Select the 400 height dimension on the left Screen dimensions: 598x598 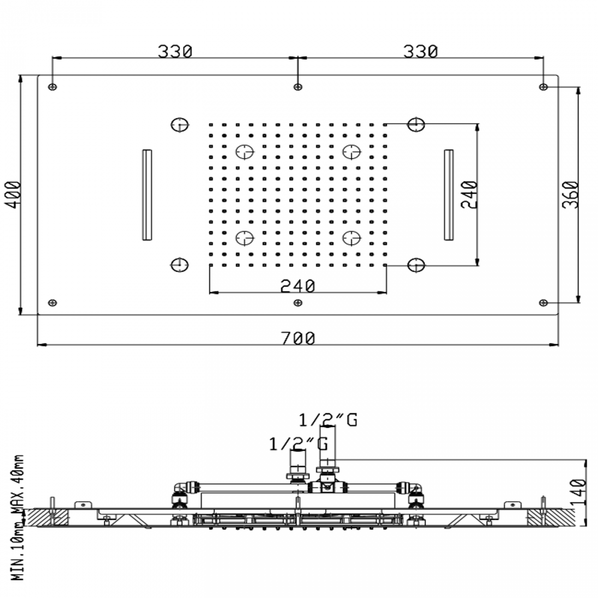(15, 195)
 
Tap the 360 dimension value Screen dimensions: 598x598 (570, 195)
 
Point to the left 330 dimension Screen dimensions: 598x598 (175, 52)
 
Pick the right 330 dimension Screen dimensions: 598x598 (420, 52)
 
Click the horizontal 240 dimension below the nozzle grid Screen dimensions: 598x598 (298, 286)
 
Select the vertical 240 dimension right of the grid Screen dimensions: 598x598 (470, 195)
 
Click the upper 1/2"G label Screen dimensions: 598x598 (328, 420)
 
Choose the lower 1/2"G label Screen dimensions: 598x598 (298, 444)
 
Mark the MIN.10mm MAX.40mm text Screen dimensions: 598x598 (18, 517)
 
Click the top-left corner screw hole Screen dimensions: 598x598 (53, 86)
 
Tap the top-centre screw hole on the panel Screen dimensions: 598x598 (298, 86)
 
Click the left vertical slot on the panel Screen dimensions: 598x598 (147, 195)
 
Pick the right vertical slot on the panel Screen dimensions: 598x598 (448, 195)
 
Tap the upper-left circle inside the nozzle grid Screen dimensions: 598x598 (244, 151)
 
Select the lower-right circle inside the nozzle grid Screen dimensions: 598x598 (352, 237)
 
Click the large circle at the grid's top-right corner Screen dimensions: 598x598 (416, 124)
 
